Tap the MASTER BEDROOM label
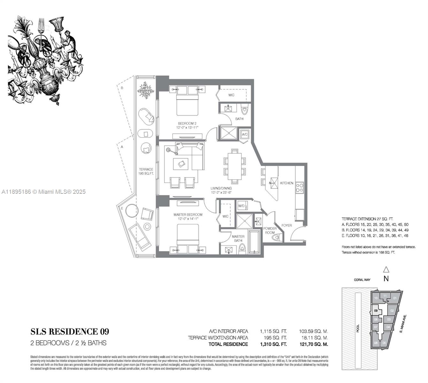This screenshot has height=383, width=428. pyautogui.click(x=188, y=215)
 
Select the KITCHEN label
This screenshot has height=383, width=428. pyautogui.click(x=287, y=183)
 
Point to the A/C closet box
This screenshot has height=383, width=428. pyautogui.click(x=245, y=135)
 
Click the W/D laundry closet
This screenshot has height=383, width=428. pyautogui.click(x=241, y=206)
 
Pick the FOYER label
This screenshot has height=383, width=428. pyautogui.click(x=287, y=226)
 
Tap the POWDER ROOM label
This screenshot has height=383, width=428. pyautogui.click(x=270, y=230)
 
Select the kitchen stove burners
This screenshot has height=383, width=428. pyautogui.click(x=299, y=187)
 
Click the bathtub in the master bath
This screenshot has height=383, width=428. pyautogui.click(x=255, y=241)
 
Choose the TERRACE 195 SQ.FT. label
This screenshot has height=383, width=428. pyautogui.click(x=146, y=171)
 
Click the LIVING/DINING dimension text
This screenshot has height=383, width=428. pyautogui.click(x=221, y=191)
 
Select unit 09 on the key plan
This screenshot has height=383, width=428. pyautogui.click(x=376, y=311)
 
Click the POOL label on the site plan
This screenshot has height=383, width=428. pyautogui.click(x=358, y=328)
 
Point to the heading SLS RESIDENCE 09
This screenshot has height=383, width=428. pyautogui.click(x=70, y=332)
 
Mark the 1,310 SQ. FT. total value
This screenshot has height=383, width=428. pyautogui.click(x=273, y=344)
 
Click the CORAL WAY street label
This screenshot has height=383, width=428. pyautogui.click(x=362, y=280)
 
